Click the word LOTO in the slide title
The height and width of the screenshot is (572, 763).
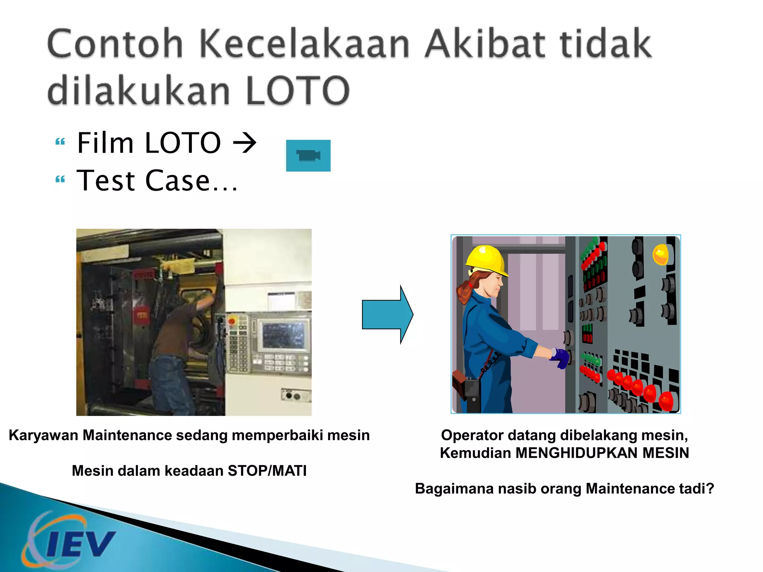297,90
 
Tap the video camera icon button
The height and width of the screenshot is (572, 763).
308,156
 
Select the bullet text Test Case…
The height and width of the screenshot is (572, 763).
157,181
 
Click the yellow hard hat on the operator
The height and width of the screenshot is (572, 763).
487,260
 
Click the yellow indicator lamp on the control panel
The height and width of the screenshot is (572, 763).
661,255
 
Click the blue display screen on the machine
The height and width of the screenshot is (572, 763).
284,334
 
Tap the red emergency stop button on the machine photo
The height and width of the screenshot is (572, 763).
232,321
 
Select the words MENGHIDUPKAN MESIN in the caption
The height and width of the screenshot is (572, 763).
602,453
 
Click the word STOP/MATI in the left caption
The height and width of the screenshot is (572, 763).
267,471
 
